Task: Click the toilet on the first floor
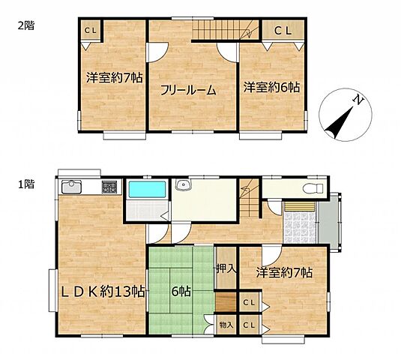tap(313, 189)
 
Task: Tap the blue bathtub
tap(147, 189)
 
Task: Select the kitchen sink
tap(72, 187)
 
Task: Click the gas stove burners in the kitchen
tap(109, 187)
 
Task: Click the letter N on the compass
tap(358, 100)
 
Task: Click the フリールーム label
tap(188, 91)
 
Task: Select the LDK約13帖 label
tap(103, 292)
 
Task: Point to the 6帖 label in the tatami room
tap(181, 292)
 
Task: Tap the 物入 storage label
tap(226, 325)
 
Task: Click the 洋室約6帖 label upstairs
tap(271, 87)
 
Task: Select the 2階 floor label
tap(26, 25)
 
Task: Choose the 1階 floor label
tap(26, 184)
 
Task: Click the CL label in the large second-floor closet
tap(283, 31)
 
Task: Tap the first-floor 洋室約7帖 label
tap(284, 273)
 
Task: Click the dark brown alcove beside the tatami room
tap(226, 302)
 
